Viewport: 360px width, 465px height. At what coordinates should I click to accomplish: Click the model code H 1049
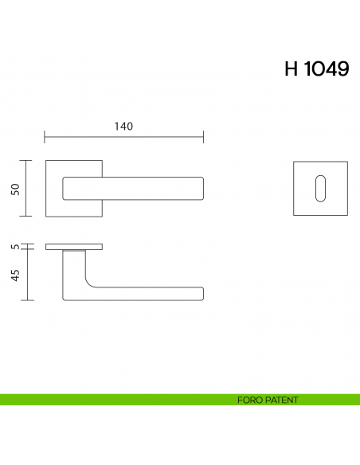(x=316, y=69)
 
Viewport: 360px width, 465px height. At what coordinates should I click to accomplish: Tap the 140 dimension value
(x=123, y=127)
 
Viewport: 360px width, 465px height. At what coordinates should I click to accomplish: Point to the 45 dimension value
(x=14, y=275)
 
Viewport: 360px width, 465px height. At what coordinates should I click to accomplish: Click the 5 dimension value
(x=14, y=247)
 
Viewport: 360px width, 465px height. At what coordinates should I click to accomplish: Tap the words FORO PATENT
(x=268, y=400)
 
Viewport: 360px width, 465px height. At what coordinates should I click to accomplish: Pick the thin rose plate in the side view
(x=73, y=246)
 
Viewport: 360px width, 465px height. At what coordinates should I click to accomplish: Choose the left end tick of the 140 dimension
(x=45, y=137)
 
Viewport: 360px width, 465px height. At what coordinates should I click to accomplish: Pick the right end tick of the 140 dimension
(x=203, y=137)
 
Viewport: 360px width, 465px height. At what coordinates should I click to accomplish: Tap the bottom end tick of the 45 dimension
(x=29, y=300)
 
